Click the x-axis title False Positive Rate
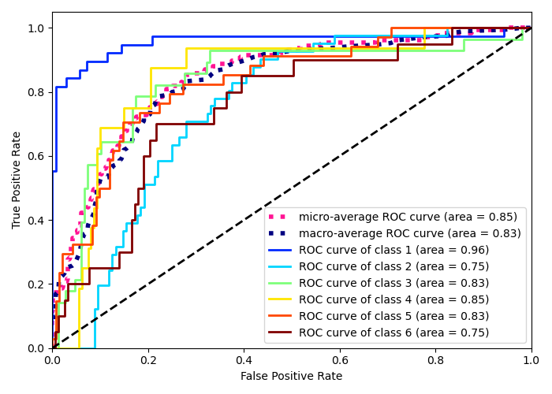(x=292, y=377)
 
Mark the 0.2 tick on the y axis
(x=36, y=284)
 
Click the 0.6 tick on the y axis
(x=36, y=156)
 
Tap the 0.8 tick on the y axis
(x=36, y=92)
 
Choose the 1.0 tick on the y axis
(x=36, y=28)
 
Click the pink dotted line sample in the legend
(x=281, y=217)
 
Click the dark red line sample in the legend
(x=281, y=333)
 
